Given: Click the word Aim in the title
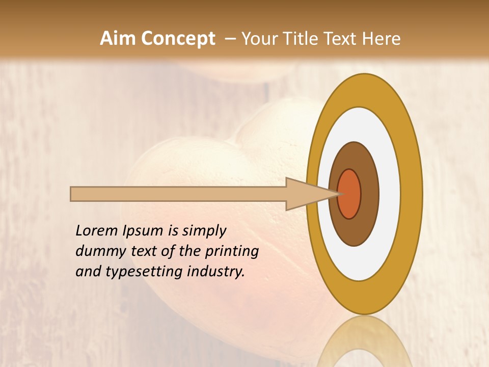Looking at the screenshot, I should click(118, 39).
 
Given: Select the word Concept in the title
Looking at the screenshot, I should click(178, 39).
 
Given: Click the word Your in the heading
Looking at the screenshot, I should click(259, 39).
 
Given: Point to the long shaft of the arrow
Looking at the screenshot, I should click(178, 194).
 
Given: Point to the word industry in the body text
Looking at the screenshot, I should click(216, 272).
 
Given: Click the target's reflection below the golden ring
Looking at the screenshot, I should click(364, 342).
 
